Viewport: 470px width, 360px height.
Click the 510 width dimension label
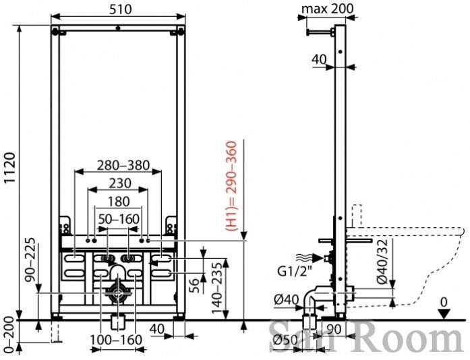click(x=120, y=9)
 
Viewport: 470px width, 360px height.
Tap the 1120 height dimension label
click(x=11, y=168)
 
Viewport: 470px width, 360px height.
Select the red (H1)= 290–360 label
click(x=231, y=186)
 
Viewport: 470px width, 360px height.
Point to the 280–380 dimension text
click(x=124, y=165)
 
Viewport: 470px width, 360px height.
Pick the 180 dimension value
click(x=119, y=202)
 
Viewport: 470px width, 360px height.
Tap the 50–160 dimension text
click(x=119, y=219)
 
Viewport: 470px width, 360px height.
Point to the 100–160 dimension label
click(x=116, y=340)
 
